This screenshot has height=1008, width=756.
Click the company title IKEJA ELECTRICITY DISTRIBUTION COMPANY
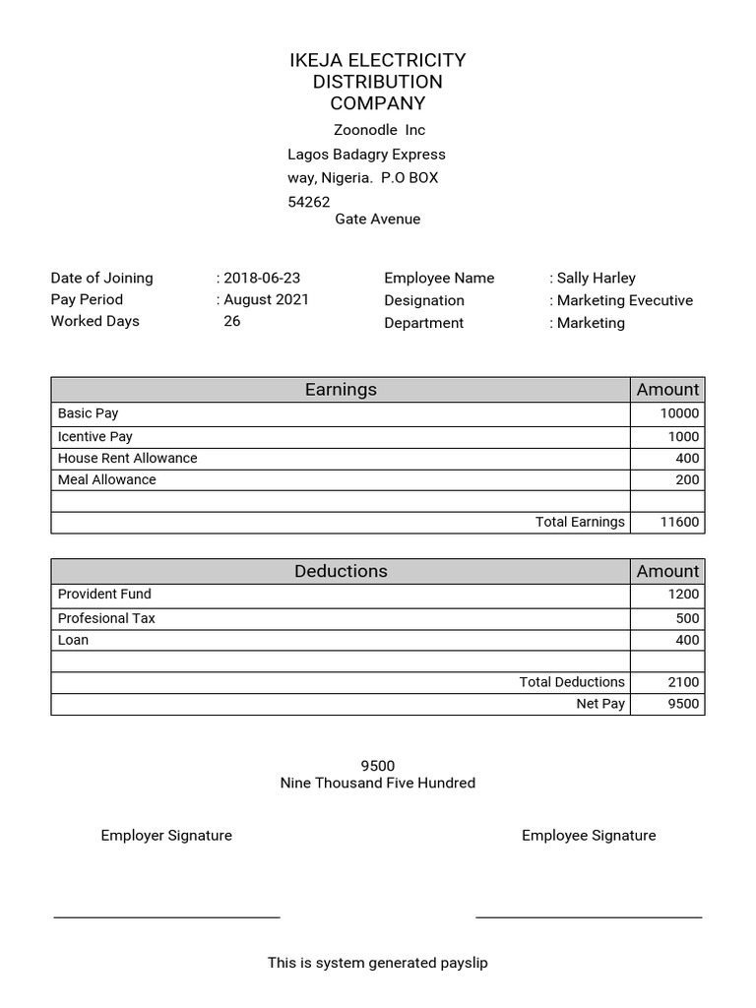coord(377,82)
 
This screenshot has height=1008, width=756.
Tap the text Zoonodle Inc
coord(379,130)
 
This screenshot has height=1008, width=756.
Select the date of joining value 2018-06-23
coord(262,278)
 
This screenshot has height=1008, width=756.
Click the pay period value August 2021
coord(266,299)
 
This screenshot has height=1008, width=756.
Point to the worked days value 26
coord(232,321)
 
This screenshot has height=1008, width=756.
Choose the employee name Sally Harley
coord(597,278)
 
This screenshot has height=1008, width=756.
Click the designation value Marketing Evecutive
coord(624,300)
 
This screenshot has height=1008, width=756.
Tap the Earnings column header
coord(341,390)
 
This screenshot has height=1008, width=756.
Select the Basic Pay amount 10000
coord(679,414)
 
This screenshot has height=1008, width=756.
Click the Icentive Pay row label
coord(95,436)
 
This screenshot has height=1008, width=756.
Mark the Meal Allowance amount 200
coord(687,479)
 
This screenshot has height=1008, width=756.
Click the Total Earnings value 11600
coord(679,522)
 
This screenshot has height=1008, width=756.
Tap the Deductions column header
coord(341,571)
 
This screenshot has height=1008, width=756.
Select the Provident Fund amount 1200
coord(683,595)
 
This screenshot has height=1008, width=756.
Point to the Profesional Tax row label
coord(106,618)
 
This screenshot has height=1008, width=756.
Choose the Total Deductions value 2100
coord(683,682)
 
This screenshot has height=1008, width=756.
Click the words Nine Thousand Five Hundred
coord(377,784)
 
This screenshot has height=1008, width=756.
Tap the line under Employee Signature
coord(589,917)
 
